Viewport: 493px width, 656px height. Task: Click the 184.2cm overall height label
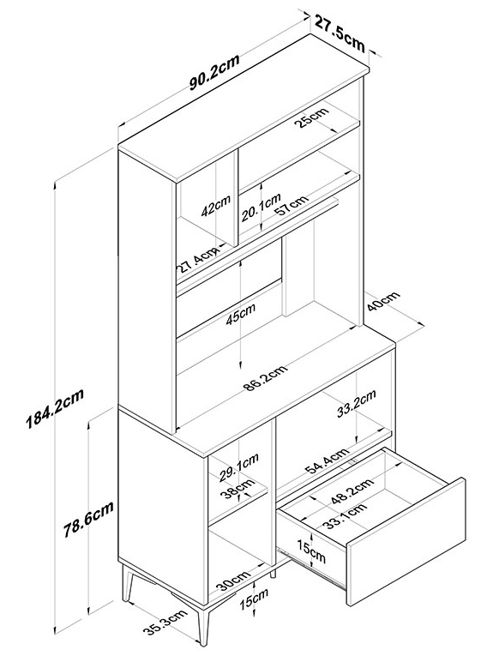[55, 409]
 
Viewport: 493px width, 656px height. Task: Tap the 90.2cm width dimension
[214, 71]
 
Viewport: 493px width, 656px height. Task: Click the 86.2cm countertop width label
[266, 378]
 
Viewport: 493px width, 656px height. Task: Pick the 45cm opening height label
[240, 314]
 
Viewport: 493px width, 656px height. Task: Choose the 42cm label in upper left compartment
[216, 206]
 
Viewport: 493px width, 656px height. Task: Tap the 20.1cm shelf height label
[261, 208]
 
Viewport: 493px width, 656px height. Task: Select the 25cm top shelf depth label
[311, 117]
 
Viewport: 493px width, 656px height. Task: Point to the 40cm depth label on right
[383, 301]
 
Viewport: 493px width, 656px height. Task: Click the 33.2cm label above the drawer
[357, 403]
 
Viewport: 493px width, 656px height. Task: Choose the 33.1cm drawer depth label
[346, 516]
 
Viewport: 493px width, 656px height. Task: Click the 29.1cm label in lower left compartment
[239, 467]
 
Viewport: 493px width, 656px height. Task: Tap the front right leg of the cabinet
[203, 629]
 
